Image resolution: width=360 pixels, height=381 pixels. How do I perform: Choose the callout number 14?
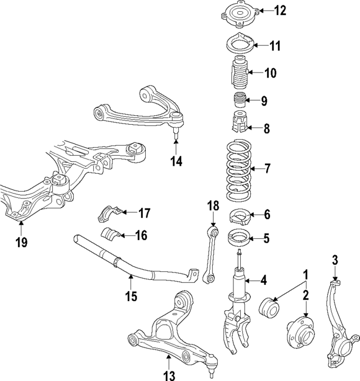[176, 162]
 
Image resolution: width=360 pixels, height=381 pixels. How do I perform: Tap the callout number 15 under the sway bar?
[130, 296]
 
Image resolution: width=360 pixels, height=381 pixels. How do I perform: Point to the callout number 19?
[21, 243]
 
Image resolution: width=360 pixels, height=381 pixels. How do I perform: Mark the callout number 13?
[169, 375]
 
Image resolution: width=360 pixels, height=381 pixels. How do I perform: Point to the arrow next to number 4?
[251, 280]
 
